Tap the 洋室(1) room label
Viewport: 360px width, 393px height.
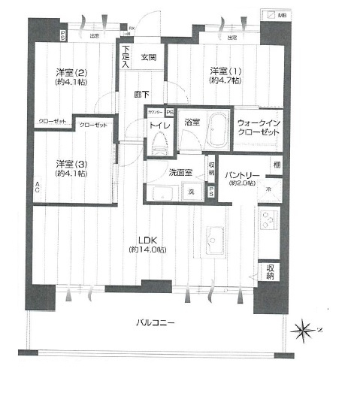225,72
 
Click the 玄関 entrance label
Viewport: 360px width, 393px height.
147,57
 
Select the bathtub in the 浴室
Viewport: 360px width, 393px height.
218,130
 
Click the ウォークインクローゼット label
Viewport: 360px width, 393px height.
258,127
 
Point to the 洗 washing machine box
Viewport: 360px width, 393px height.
191,192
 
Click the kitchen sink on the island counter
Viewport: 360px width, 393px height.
213,234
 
